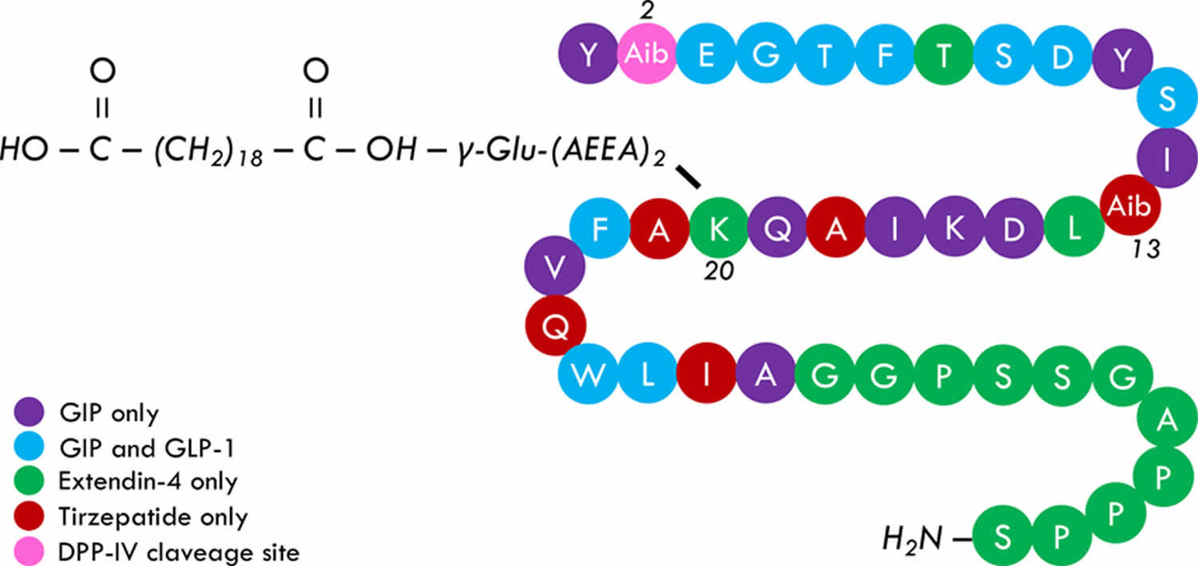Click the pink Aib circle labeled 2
click(x=648, y=54)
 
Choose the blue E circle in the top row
click(x=706, y=54)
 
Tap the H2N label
click(x=913, y=539)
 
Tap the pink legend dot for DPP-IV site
click(x=32, y=551)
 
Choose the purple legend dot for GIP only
click(x=32, y=414)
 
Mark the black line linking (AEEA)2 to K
click(x=688, y=177)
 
